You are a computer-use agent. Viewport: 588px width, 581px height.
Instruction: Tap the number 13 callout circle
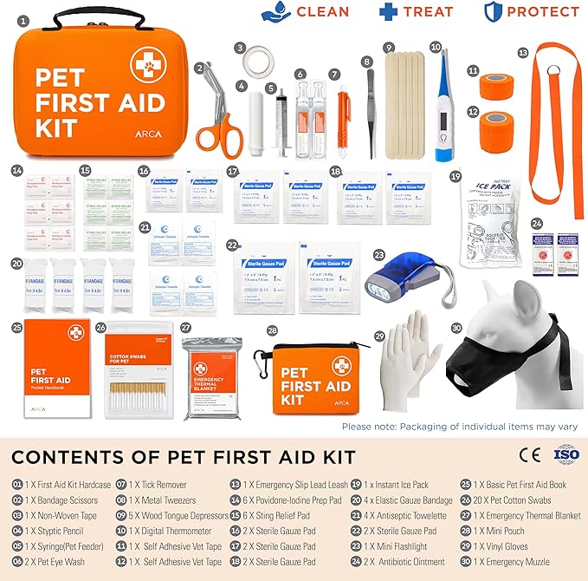point(522,52)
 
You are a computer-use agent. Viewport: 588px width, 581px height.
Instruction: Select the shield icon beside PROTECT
point(492,12)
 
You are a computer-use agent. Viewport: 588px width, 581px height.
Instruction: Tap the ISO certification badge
point(564,454)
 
